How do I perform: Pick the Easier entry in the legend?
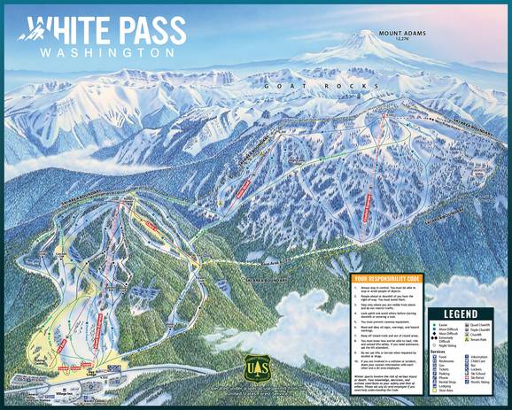point(441,326)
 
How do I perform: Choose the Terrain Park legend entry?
point(480,341)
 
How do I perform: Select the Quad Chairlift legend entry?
point(484,326)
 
